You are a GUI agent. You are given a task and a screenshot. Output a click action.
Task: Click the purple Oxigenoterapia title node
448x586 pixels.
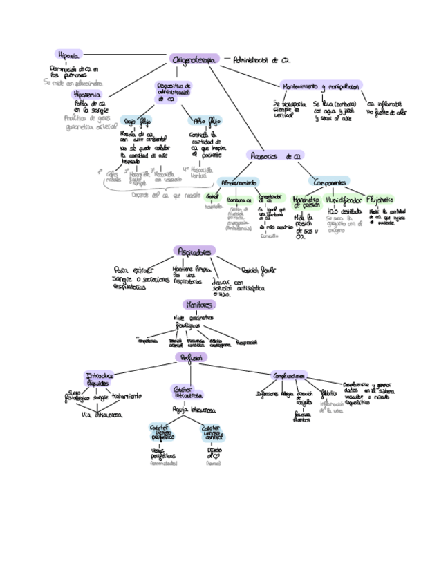tap(194, 61)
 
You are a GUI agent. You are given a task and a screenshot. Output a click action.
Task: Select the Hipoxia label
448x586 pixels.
tap(69, 54)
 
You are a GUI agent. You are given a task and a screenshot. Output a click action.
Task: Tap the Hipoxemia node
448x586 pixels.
tap(87, 93)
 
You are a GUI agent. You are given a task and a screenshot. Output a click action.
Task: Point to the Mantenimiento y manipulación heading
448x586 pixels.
tap(321, 87)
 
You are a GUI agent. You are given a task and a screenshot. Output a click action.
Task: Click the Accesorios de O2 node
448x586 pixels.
tap(274, 156)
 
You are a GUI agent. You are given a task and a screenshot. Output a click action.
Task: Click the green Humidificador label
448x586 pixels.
tap(344, 199)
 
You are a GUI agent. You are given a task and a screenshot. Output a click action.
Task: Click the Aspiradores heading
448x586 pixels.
tap(196, 252)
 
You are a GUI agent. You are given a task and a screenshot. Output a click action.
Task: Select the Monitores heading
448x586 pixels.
tap(199, 304)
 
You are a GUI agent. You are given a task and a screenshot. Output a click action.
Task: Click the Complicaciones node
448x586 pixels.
tap(290, 375)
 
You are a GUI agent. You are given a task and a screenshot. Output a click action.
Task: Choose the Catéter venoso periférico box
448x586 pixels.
tap(162, 433)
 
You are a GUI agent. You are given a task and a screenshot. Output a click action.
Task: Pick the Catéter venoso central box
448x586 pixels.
tap(213, 433)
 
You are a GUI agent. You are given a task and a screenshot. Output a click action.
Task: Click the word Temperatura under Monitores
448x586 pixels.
tap(147, 341)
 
